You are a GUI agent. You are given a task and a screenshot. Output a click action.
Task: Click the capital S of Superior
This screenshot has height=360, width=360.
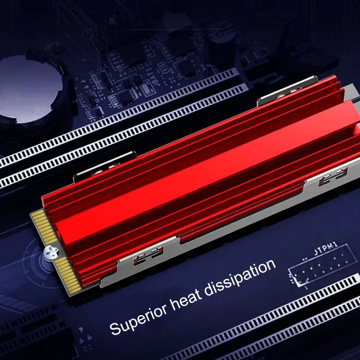[x=115, y=327]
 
